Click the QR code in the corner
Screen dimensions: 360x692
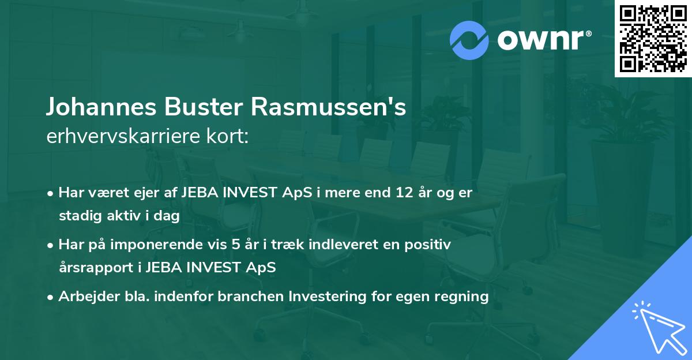click(653, 39)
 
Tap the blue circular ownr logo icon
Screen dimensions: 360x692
click(469, 39)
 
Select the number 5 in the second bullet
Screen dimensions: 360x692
click(235, 245)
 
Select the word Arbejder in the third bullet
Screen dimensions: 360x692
click(84, 297)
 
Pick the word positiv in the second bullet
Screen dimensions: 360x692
click(430, 245)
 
